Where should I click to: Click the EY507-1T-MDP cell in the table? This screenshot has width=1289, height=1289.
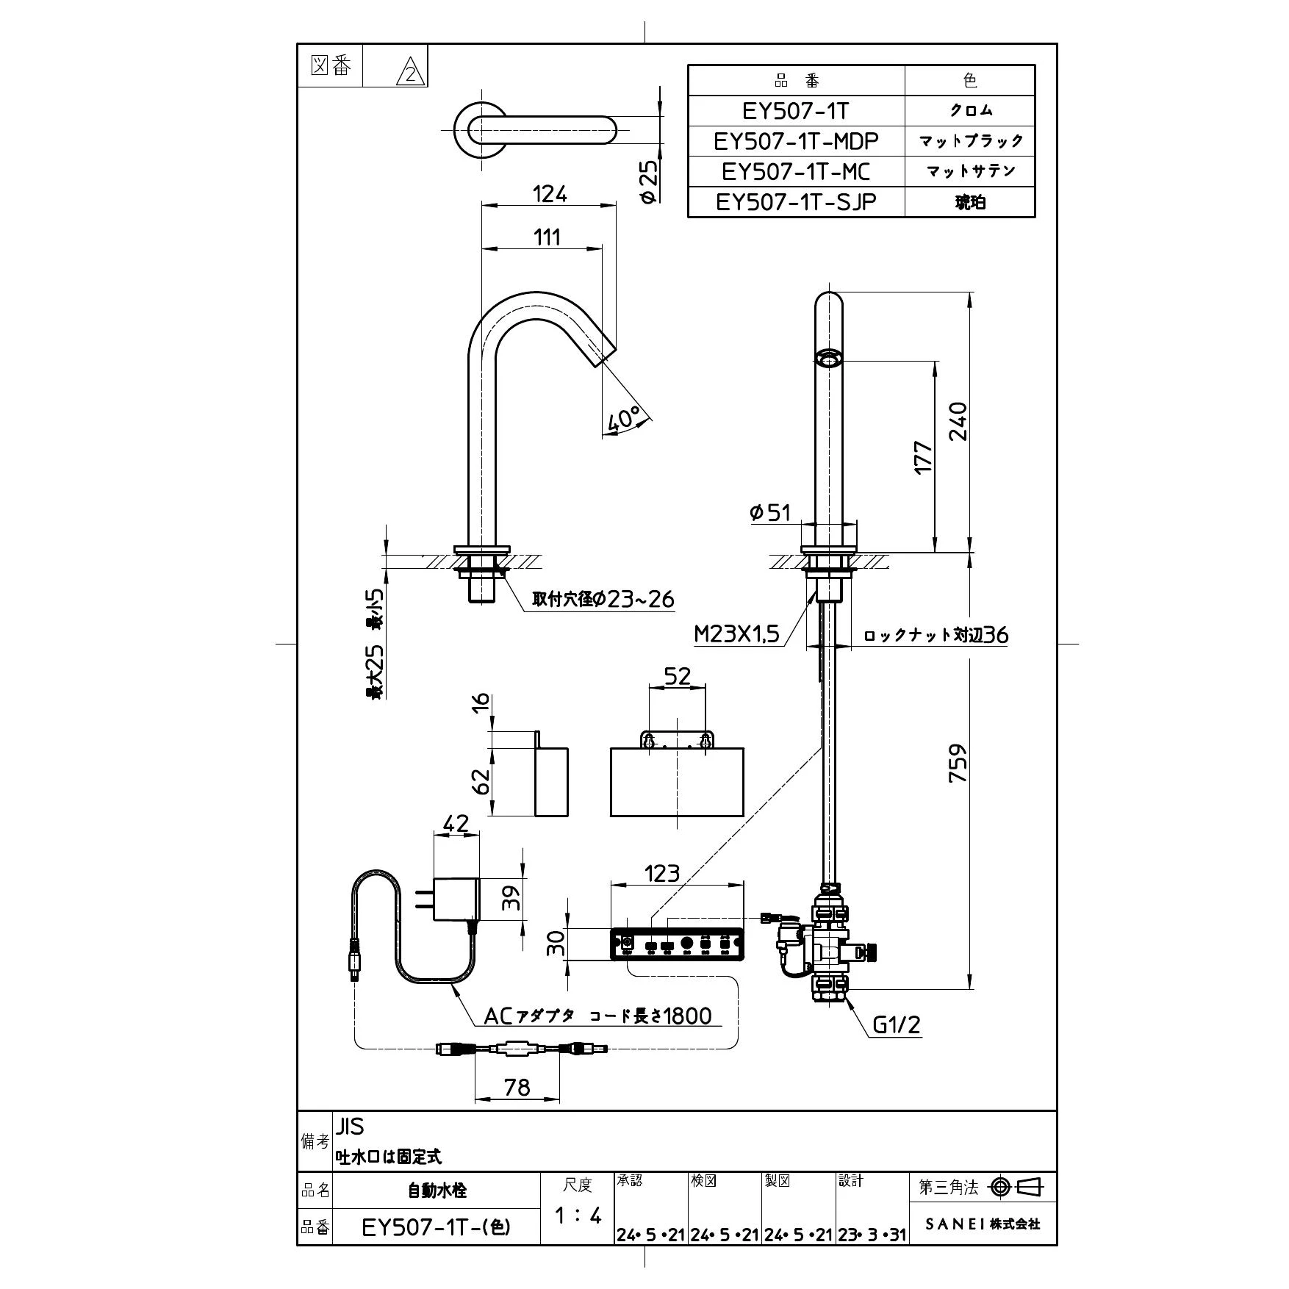click(x=796, y=140)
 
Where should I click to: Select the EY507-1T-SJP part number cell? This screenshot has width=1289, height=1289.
click(x=796, y=202)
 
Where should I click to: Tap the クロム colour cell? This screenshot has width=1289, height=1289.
click(x=970, y=110)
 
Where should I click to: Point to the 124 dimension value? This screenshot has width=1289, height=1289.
click(x=550, y=194)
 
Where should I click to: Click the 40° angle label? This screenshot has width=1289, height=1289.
click(x=622, y=419)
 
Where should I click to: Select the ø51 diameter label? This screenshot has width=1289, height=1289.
click(x=769, y=512)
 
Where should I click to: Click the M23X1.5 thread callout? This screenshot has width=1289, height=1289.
click(x=736, y=633)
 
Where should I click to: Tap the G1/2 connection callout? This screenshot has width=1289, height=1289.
click(x=896, y=1024)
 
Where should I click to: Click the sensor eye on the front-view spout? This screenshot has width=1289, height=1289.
click(x=829, y=358)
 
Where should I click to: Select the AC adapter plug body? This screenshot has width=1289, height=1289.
click(x=456, y=899)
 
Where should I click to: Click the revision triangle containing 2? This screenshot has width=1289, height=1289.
click(x=410, y=74)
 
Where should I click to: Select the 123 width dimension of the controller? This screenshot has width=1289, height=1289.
click(x=661, y=873)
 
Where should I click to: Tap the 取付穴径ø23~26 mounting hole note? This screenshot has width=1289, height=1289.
click(x=603, y=600)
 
